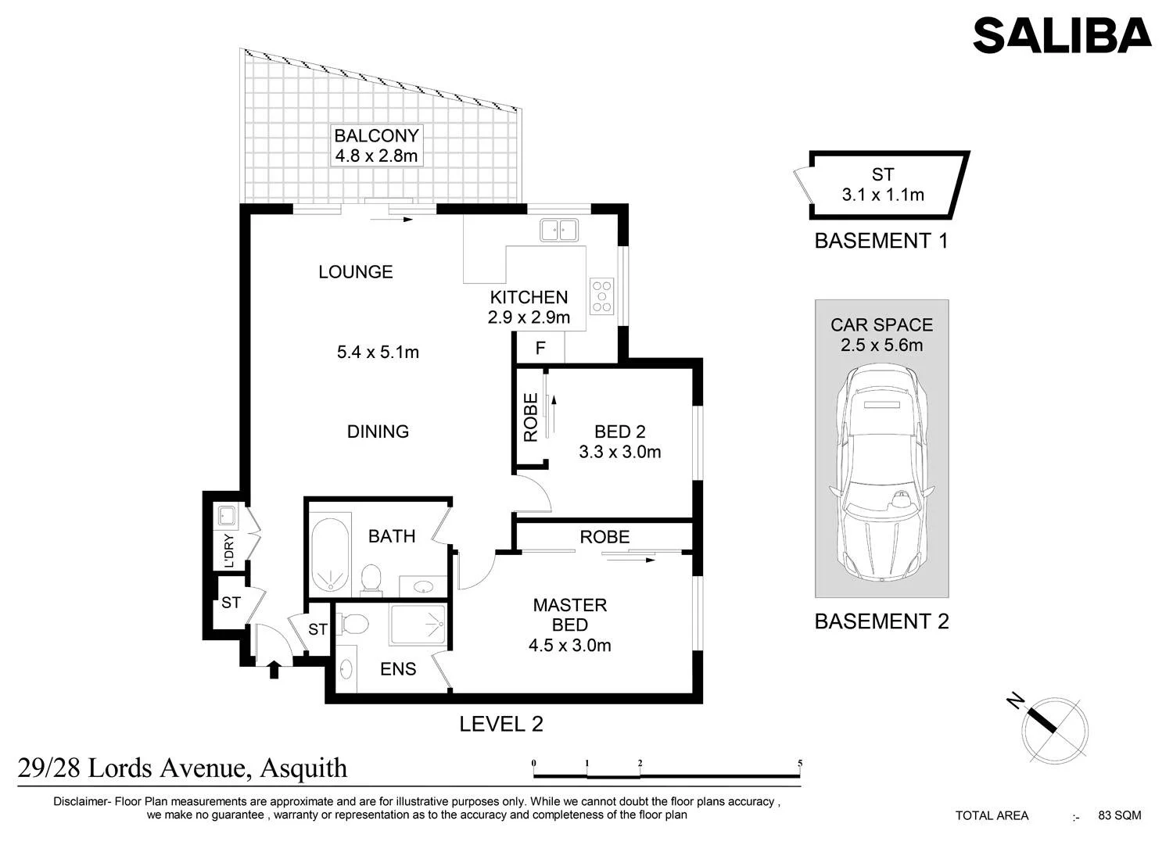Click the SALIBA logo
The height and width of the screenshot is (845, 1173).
[1062, 35]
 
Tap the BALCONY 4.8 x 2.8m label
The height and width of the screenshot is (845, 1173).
[376, 145]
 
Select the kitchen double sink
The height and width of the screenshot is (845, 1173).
[559, 231]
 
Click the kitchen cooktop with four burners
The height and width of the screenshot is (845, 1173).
[601, 296]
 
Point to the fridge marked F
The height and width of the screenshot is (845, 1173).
[540, 348]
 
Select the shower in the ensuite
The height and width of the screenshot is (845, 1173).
[418, 625]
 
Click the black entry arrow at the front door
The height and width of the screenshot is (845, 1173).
[274, 670]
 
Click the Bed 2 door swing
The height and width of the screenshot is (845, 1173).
[533, 492]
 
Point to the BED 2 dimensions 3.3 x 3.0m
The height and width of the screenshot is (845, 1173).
[620, 451]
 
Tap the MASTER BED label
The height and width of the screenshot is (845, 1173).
[570, 614]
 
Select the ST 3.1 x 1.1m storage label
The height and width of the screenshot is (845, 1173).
[883, 184]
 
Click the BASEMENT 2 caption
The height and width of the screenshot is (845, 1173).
[882, 621]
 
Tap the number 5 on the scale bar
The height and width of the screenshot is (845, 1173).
[800, 763]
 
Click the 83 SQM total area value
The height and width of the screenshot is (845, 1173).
[1120, 815]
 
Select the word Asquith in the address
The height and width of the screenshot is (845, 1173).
[303, 768]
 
